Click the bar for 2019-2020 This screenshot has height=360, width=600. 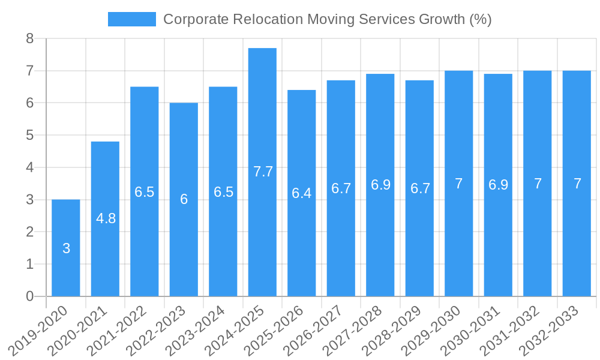(x=66, y=270)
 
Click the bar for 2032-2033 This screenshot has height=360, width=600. (x=577, y=240)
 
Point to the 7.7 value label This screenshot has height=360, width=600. (x=263, y=172)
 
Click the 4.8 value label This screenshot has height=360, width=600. (x=106, y=218)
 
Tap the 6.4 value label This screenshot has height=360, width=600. (x=301, y=193)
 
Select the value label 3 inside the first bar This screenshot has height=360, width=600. (x=66, y=248)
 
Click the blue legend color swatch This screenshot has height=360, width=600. (x=131, y=19)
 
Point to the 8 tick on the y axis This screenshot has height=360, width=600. (x=29, y=39)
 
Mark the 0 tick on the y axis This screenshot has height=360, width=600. (x=29, y=296)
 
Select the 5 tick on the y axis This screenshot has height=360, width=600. (x=29, y=136)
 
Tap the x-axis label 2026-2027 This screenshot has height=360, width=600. (x=316, y=329)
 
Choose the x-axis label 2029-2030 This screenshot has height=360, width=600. (x=434, y=329)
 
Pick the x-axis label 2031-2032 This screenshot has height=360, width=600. (x=512, y=329)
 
